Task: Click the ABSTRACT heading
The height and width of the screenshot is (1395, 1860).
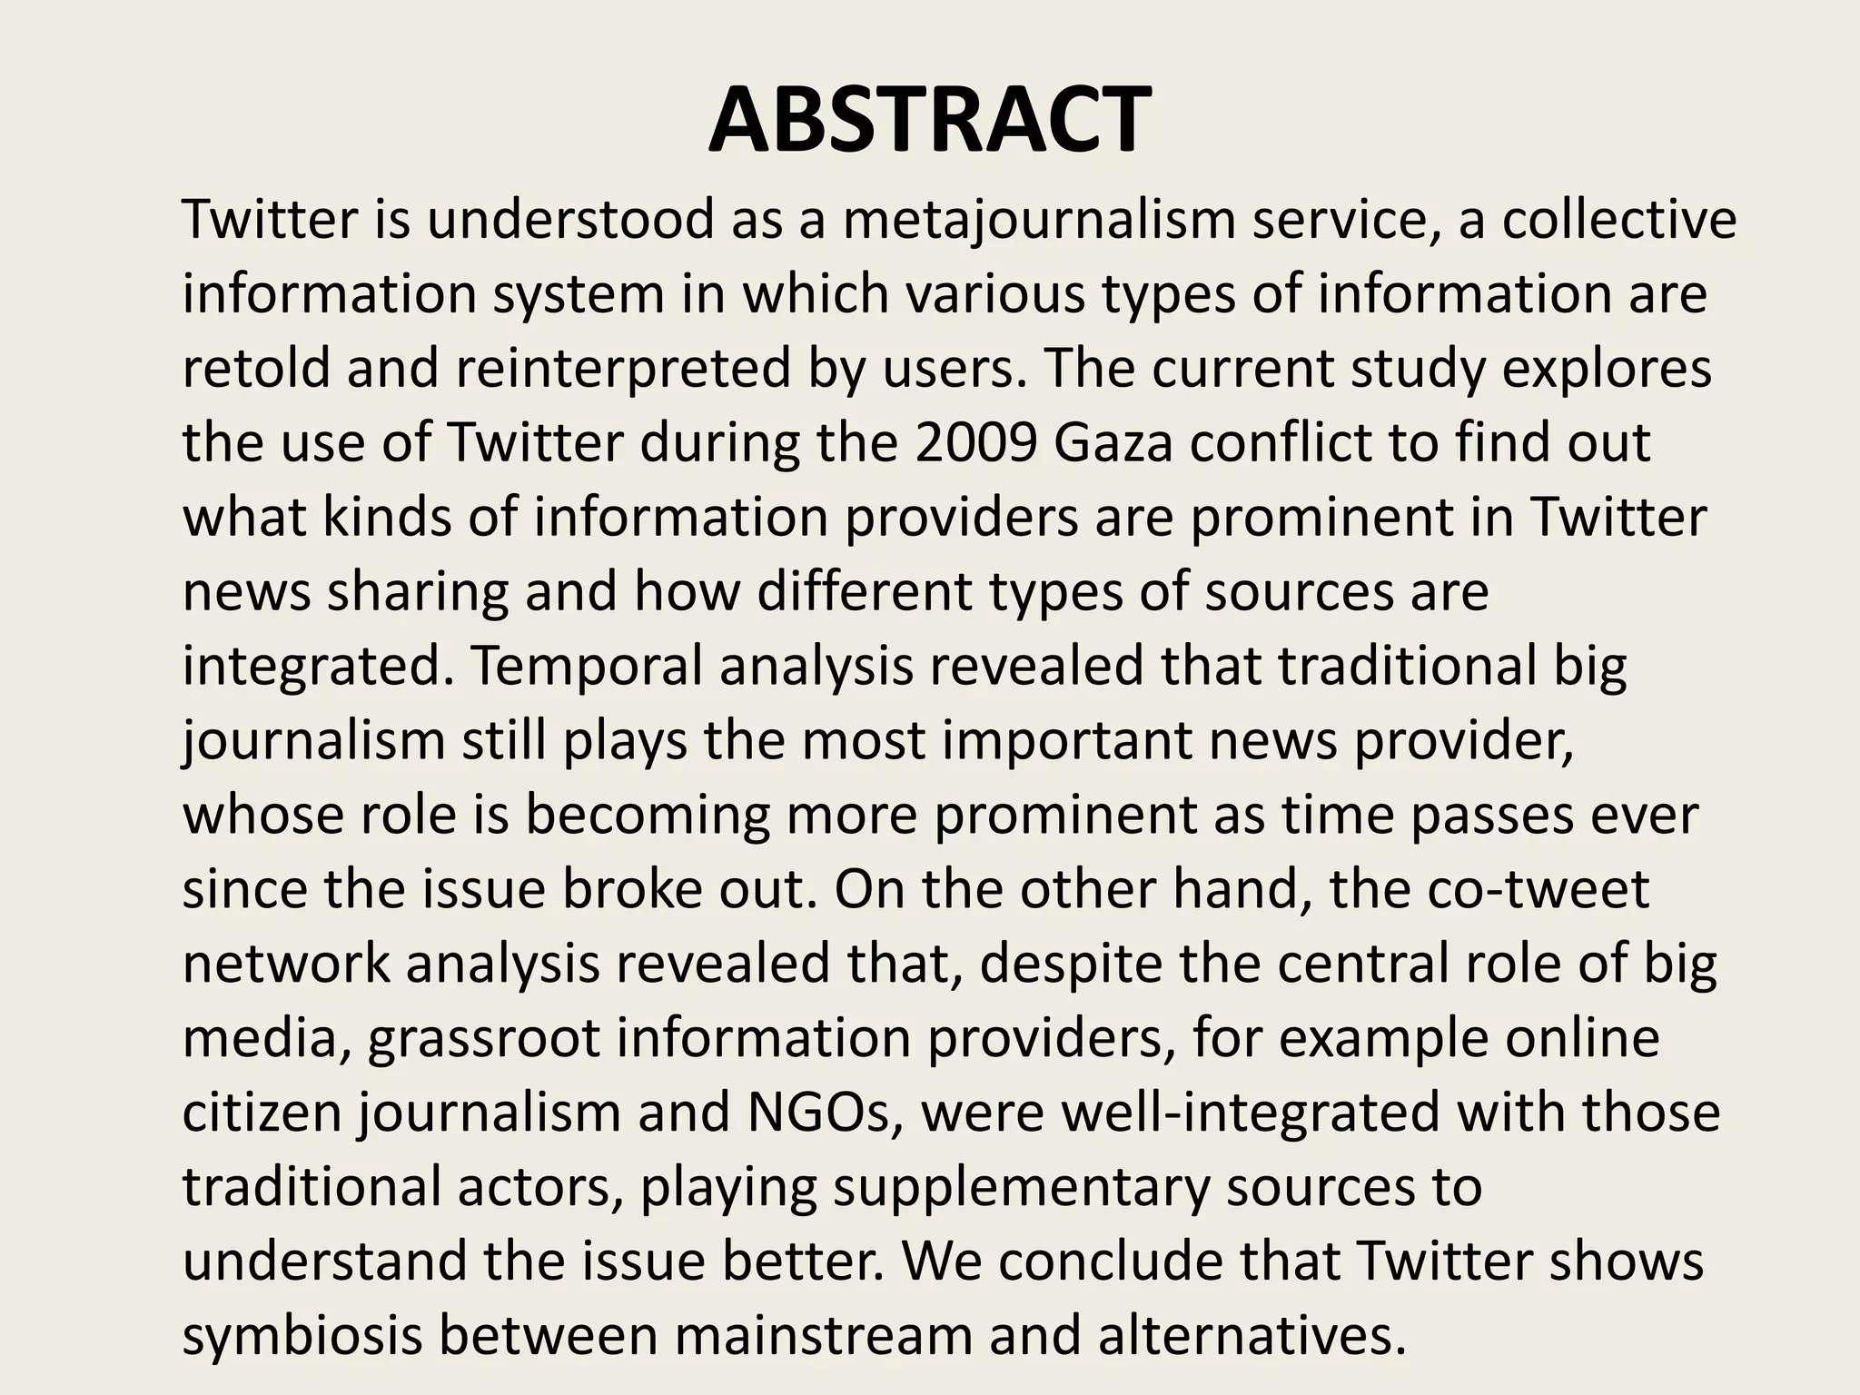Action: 929,120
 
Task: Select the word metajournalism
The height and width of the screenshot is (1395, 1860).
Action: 1038,221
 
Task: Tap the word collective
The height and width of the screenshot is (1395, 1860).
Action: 1618,221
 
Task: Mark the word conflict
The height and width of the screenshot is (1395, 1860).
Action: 1305,443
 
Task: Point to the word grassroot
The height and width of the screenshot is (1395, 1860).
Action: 484,1037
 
